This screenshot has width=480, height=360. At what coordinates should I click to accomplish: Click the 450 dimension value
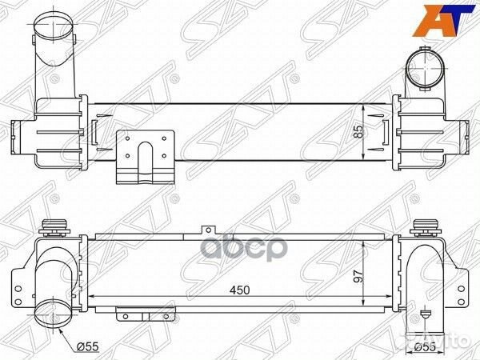(x=240, y=290)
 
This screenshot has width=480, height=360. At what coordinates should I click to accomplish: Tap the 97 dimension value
(x=358, y=276)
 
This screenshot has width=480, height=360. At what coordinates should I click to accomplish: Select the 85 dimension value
(x=358, y=131)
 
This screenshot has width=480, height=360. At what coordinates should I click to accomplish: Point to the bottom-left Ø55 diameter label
(x=87, y=346)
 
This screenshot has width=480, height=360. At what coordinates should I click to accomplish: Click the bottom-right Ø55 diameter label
(x=426, y=347)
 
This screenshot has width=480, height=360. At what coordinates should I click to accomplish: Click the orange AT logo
(x=443, y=21)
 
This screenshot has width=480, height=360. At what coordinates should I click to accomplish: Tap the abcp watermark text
(x=244, y=248)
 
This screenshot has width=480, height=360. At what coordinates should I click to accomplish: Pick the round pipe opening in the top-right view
(x=426, y=68)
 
